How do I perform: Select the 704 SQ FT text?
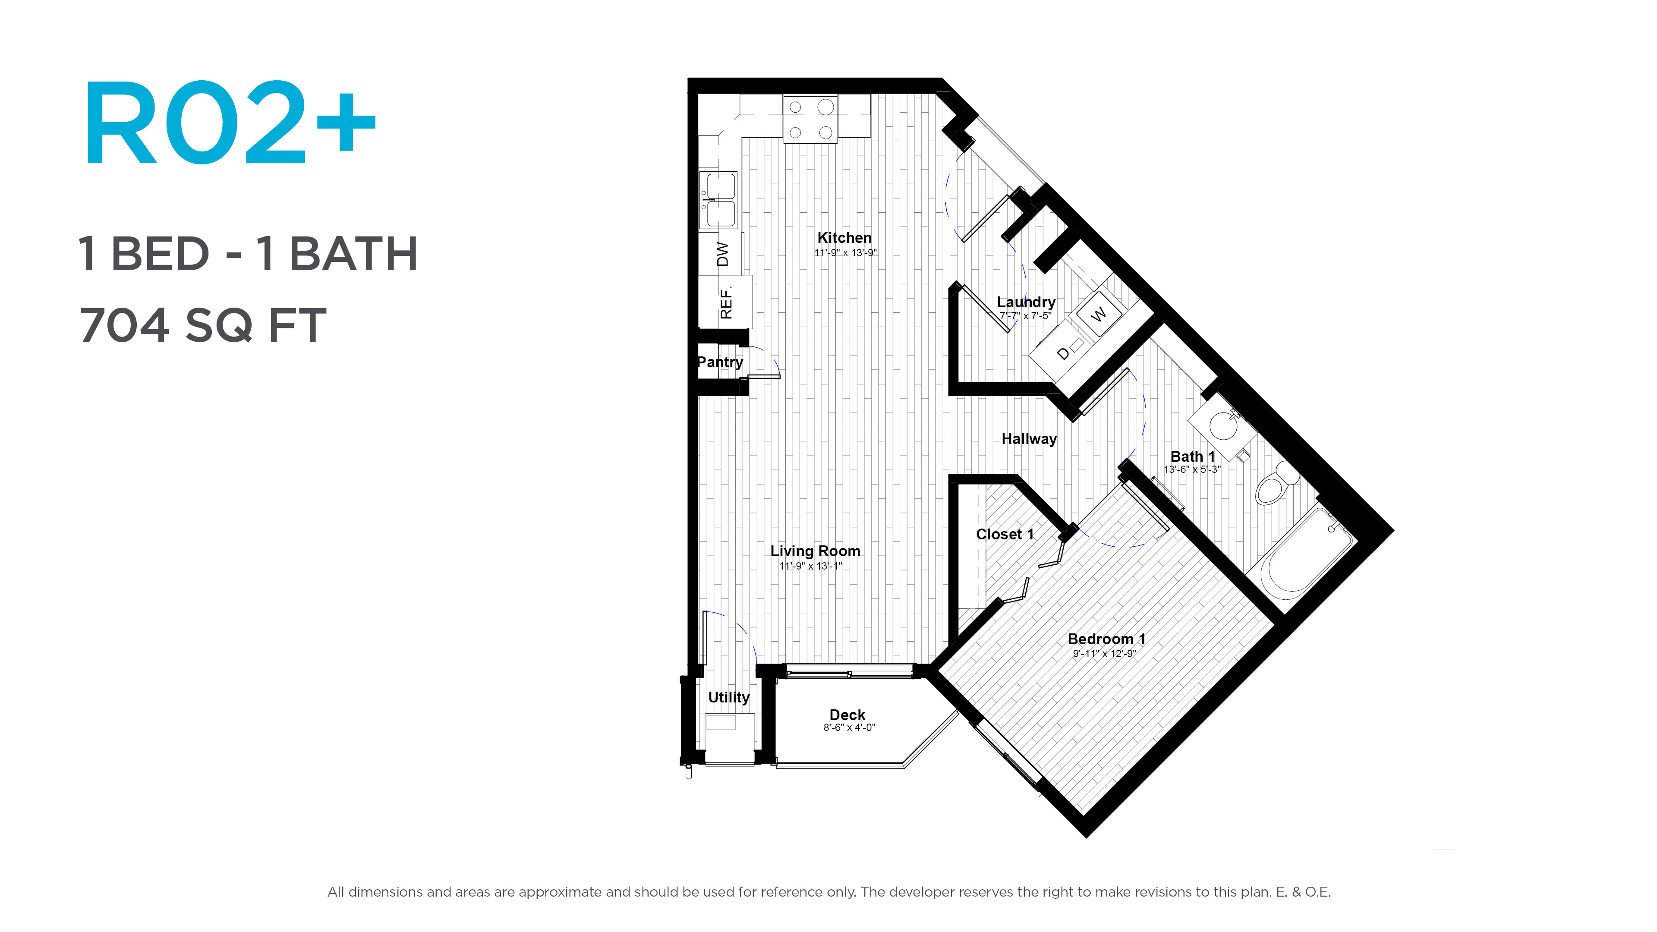[203, 325]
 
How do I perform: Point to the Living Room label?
[815, 551]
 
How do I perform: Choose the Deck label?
[847, 715]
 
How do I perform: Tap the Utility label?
[729, 697]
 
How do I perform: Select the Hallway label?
[1029, 439]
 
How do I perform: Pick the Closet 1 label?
[1005, 534]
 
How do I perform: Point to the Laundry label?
[1026, 302]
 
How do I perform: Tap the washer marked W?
[1099, 314]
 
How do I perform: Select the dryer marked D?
[1063, 353]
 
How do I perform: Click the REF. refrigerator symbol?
[725, 302]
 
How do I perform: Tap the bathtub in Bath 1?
[1306, 553]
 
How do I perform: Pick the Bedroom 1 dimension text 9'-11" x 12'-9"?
[1105, 654]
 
